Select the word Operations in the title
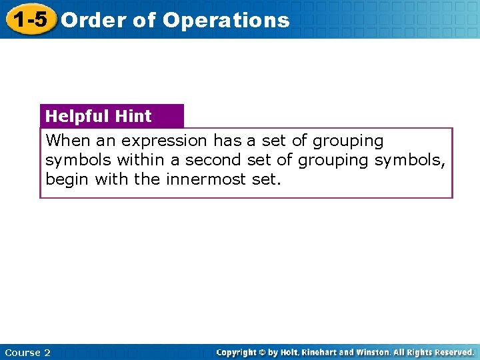pos(226,20)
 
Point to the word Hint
pos(133,116)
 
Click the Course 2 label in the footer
pos(27,353)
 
